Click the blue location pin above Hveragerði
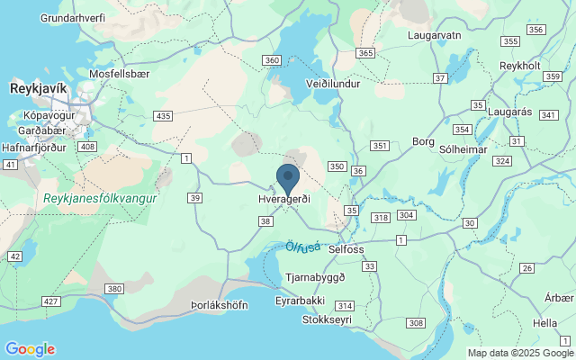tap(288, 177)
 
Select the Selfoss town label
tap(346, 248)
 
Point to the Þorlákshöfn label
tap(220, 305)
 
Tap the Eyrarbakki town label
tap(301, 301)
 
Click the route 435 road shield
tap(163, 116)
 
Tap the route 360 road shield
tap(273, 60)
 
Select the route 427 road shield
tap(50, 301)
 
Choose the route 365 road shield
tap(365, 53)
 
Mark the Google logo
tap(30, 349)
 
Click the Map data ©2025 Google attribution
tap(520, 353)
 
